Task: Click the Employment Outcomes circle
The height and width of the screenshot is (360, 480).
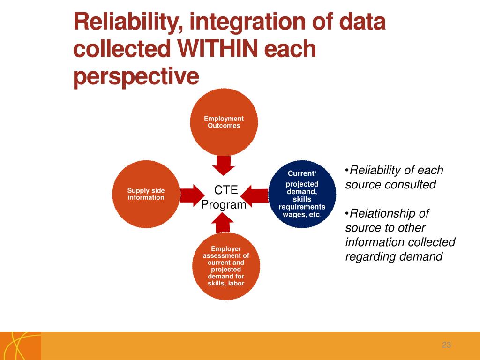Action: pyautogui.click(x=224, y=122)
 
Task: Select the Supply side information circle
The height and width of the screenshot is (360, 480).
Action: pyautogui.click(x=146, y=194)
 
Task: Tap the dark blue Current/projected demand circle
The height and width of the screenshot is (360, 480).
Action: pyautogui.click(x=302, y=194)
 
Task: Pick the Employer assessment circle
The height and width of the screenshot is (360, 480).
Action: pyautogui.click(x=226, y=266)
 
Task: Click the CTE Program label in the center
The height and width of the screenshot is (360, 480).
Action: pyautogui.click(x=224, y=197)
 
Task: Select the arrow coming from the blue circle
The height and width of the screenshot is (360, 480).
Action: pyautogui.click(x=256, y=195)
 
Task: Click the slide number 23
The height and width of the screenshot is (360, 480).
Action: pyautogui.click(x=446, y=345)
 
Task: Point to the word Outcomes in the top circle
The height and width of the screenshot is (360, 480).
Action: pyautogui.click(x=224, y=126)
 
